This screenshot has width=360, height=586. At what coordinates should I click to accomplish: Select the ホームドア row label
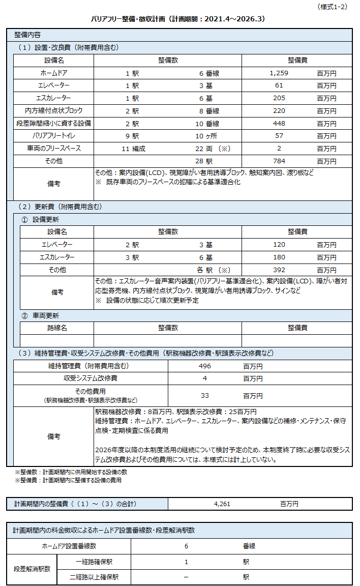(53, 73)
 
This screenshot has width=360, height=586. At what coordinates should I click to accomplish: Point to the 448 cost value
(279, 123)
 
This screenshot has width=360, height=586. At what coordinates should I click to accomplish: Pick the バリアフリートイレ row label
(53, 136)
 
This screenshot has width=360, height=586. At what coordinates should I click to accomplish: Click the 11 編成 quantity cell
(134, 149)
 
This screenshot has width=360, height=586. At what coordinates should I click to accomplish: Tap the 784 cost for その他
(279, 161)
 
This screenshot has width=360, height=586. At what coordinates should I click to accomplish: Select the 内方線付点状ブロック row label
(53, 111)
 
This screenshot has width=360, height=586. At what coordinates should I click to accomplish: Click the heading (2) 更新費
(59, 207)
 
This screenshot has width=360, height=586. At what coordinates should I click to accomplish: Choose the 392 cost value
(279, 270)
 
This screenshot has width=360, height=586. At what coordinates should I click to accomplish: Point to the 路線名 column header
(57, 328)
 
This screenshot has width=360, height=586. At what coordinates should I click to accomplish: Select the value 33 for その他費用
(205, 396)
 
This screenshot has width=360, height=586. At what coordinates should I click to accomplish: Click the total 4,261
(223, 504)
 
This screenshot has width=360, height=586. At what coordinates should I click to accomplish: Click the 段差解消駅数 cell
(32, 569)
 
